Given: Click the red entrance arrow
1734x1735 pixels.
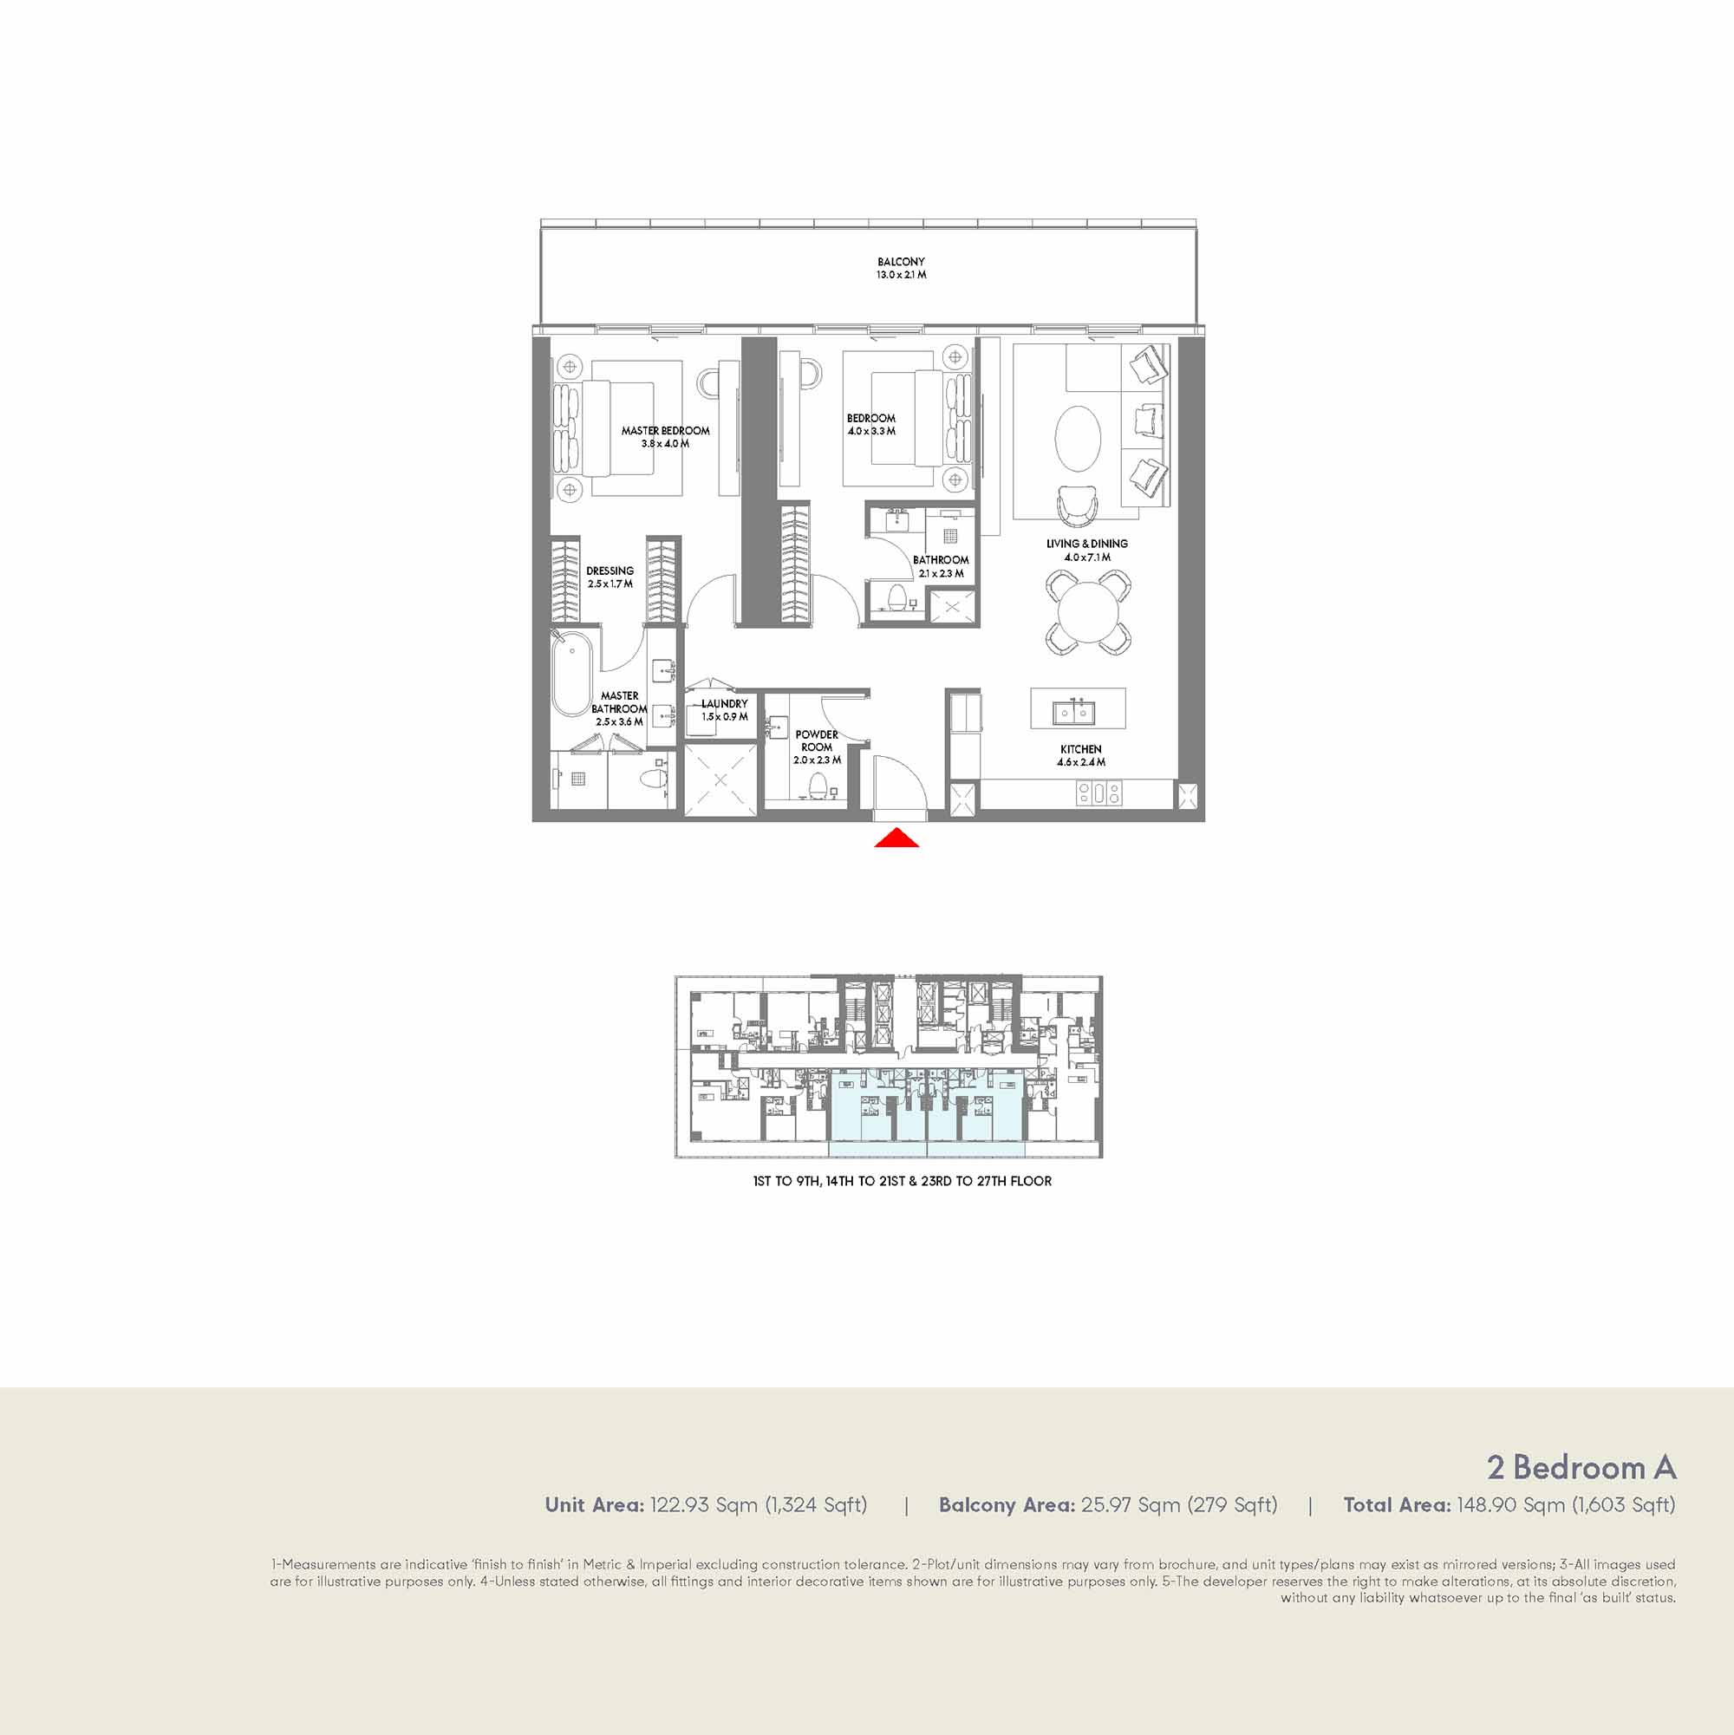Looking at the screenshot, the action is click(x=896, y=838).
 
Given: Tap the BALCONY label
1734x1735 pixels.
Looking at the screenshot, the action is click(x=901, y=261).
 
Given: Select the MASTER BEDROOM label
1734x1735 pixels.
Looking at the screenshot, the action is click(x=665, y=430).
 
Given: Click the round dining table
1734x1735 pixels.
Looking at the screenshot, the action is click(x=1087, y=612).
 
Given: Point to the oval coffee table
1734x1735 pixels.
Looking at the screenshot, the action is click(x=1078, y=438).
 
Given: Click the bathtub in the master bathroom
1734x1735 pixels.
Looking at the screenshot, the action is click(x=571, y=675).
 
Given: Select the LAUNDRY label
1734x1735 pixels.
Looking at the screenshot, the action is click(x=725, y=703).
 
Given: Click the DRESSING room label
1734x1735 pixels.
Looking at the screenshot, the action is click(x=610, y=571).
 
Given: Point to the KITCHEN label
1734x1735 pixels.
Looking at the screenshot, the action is click(x=1080, y=748).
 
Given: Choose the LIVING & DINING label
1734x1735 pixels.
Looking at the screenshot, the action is click(x=1086, y=544).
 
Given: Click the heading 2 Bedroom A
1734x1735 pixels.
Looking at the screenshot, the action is click(x=1581, y=1466).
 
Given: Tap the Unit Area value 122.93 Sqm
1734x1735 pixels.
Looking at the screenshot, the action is click(x=704, y=1505).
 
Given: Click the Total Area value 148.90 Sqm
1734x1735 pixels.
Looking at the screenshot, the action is click(x=1510, y=1505).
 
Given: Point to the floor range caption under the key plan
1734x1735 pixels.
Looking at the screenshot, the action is click(x=902, y=1181).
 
